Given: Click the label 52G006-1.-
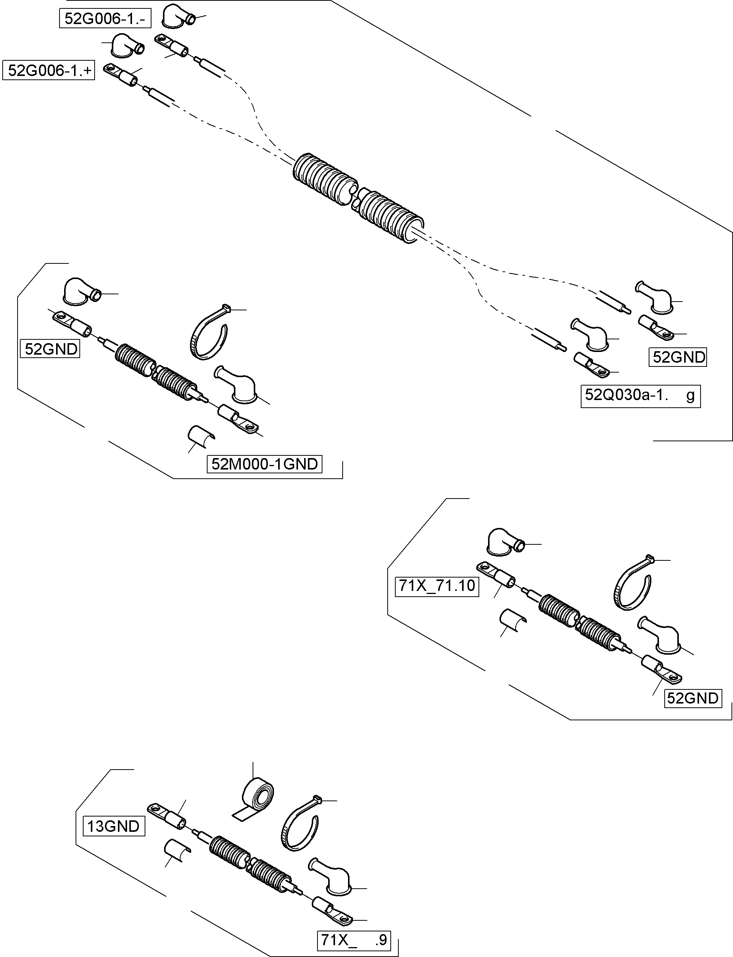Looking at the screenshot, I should point(105,19).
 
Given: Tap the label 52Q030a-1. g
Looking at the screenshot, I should point(640,396).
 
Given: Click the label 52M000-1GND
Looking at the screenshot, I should point(264,464).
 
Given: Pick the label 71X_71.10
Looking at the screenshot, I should point(437,586).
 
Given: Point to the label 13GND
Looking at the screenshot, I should point(113,826).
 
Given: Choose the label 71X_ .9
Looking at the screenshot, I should point(353,940).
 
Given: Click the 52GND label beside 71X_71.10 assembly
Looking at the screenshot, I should point(693,698).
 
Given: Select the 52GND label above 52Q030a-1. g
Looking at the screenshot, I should point(678,357).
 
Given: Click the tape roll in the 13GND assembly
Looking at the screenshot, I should point(258,796).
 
